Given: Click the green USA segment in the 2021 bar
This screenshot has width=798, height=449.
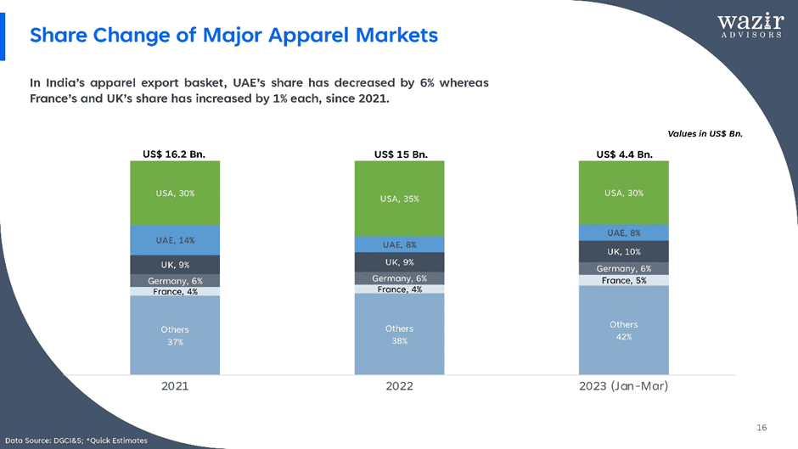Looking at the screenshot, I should coord(175,193).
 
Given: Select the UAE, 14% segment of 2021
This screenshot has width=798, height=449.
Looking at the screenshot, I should coord(175,240).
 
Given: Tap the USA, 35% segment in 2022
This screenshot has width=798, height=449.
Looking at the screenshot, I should coord(399,199).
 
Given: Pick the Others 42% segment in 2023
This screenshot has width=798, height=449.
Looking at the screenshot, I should coord(623,330).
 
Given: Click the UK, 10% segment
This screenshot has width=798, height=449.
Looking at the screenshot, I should coord(623,251).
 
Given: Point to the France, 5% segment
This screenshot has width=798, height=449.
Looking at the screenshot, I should coord(623,280).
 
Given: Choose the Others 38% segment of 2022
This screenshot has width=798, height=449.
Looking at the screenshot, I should coord(399,334).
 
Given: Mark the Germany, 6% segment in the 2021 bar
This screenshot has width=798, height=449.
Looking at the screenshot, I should coord(175,281).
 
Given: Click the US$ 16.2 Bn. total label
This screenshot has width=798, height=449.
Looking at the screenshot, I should coord(175,154).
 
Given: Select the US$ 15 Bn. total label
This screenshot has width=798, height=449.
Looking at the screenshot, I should coord(400,154).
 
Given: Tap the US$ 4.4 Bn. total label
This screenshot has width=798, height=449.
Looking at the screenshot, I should coord(624,154).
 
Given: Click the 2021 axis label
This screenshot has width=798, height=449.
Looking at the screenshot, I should coord(175,386).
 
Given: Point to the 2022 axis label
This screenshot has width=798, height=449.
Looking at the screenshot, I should coord(399,386).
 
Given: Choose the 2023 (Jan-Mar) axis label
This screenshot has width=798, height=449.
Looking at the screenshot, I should coord(624,386).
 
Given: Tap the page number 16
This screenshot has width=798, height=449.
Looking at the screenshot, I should coord(761,427).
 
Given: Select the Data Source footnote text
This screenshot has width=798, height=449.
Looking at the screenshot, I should coord(76,440).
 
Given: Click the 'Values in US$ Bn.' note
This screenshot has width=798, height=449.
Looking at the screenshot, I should coord(705,133).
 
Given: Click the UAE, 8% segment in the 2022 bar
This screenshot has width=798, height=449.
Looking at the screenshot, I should coord(399,244).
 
